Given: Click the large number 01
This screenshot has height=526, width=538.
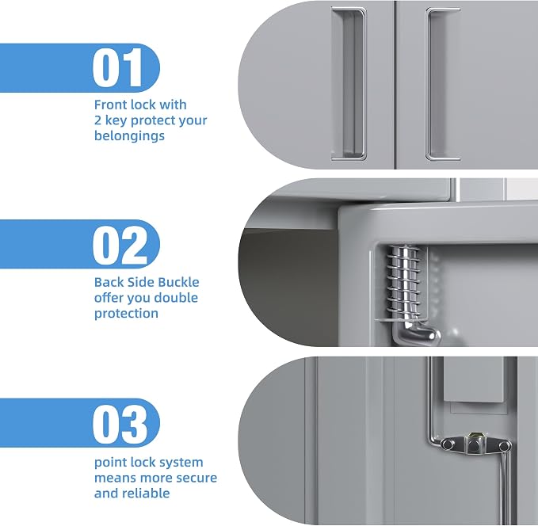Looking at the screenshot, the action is pyautogui.click(x=117, y=67).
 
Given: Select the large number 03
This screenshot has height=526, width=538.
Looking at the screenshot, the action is pyautogui.click(x=120, y=424).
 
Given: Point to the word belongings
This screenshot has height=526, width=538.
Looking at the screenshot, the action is pyautogui.click(x=129, y=136).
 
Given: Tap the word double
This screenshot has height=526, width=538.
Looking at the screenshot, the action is pyautogui.click(x=176, y=298).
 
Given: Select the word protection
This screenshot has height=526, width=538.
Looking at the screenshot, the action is pyautogui.click(x=126, y=314).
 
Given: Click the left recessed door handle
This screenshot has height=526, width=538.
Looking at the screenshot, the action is pyautogui.click(x=349, y=84).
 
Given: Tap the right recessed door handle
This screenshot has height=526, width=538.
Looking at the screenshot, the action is pyautogui.click(x=443, y=84).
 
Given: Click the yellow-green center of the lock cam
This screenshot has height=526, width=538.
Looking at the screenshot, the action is pyautogui.click(x=474, y=436).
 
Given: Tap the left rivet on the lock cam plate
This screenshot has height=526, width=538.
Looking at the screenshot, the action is pyautogui.click(x=447, y=444).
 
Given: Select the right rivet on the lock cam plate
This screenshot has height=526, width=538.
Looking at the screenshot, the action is pyautogui.click(x=504, y=446).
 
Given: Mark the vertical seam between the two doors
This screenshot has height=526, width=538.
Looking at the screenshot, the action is pyautogui.click(x=395, y=85).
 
